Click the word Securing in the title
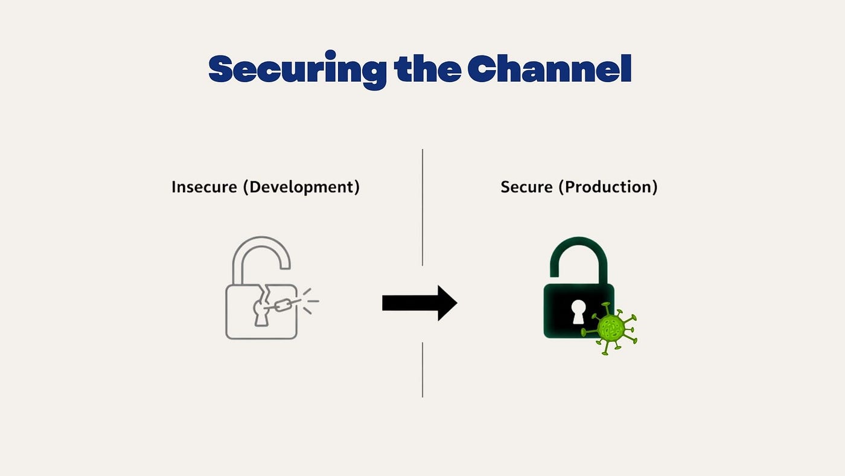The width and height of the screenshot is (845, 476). click(x=297, y=70)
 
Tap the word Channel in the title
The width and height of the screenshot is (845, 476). click(x=550, y=68)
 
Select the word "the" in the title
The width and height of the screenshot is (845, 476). click(x=427, y=68)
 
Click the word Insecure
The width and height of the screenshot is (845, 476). click(x=204, y=187)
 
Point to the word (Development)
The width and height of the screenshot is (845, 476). click(x=301, y=187)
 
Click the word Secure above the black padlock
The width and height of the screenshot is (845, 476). click(x=526, y=187)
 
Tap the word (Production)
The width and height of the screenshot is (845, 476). click(x=608, y=187)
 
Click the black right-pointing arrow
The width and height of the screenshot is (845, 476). click(x=419, y=303)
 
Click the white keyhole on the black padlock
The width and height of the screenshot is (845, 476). click(x=578, y=312)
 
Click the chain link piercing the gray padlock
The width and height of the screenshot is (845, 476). click(x=283, y=304)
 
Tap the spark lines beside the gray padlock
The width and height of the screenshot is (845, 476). click(x=311, y=301)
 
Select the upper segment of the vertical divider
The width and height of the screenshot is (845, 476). click(x=422, y=207)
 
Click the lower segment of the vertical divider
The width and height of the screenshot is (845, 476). click(x=422, y=370)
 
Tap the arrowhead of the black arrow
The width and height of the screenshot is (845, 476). click(x=447, y=303)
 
